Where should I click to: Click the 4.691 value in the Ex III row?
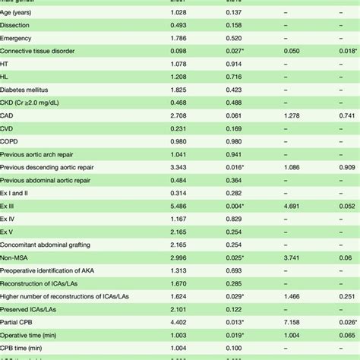(x=291, y=206)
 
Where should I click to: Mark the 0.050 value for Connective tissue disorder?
(x=291, y=50)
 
